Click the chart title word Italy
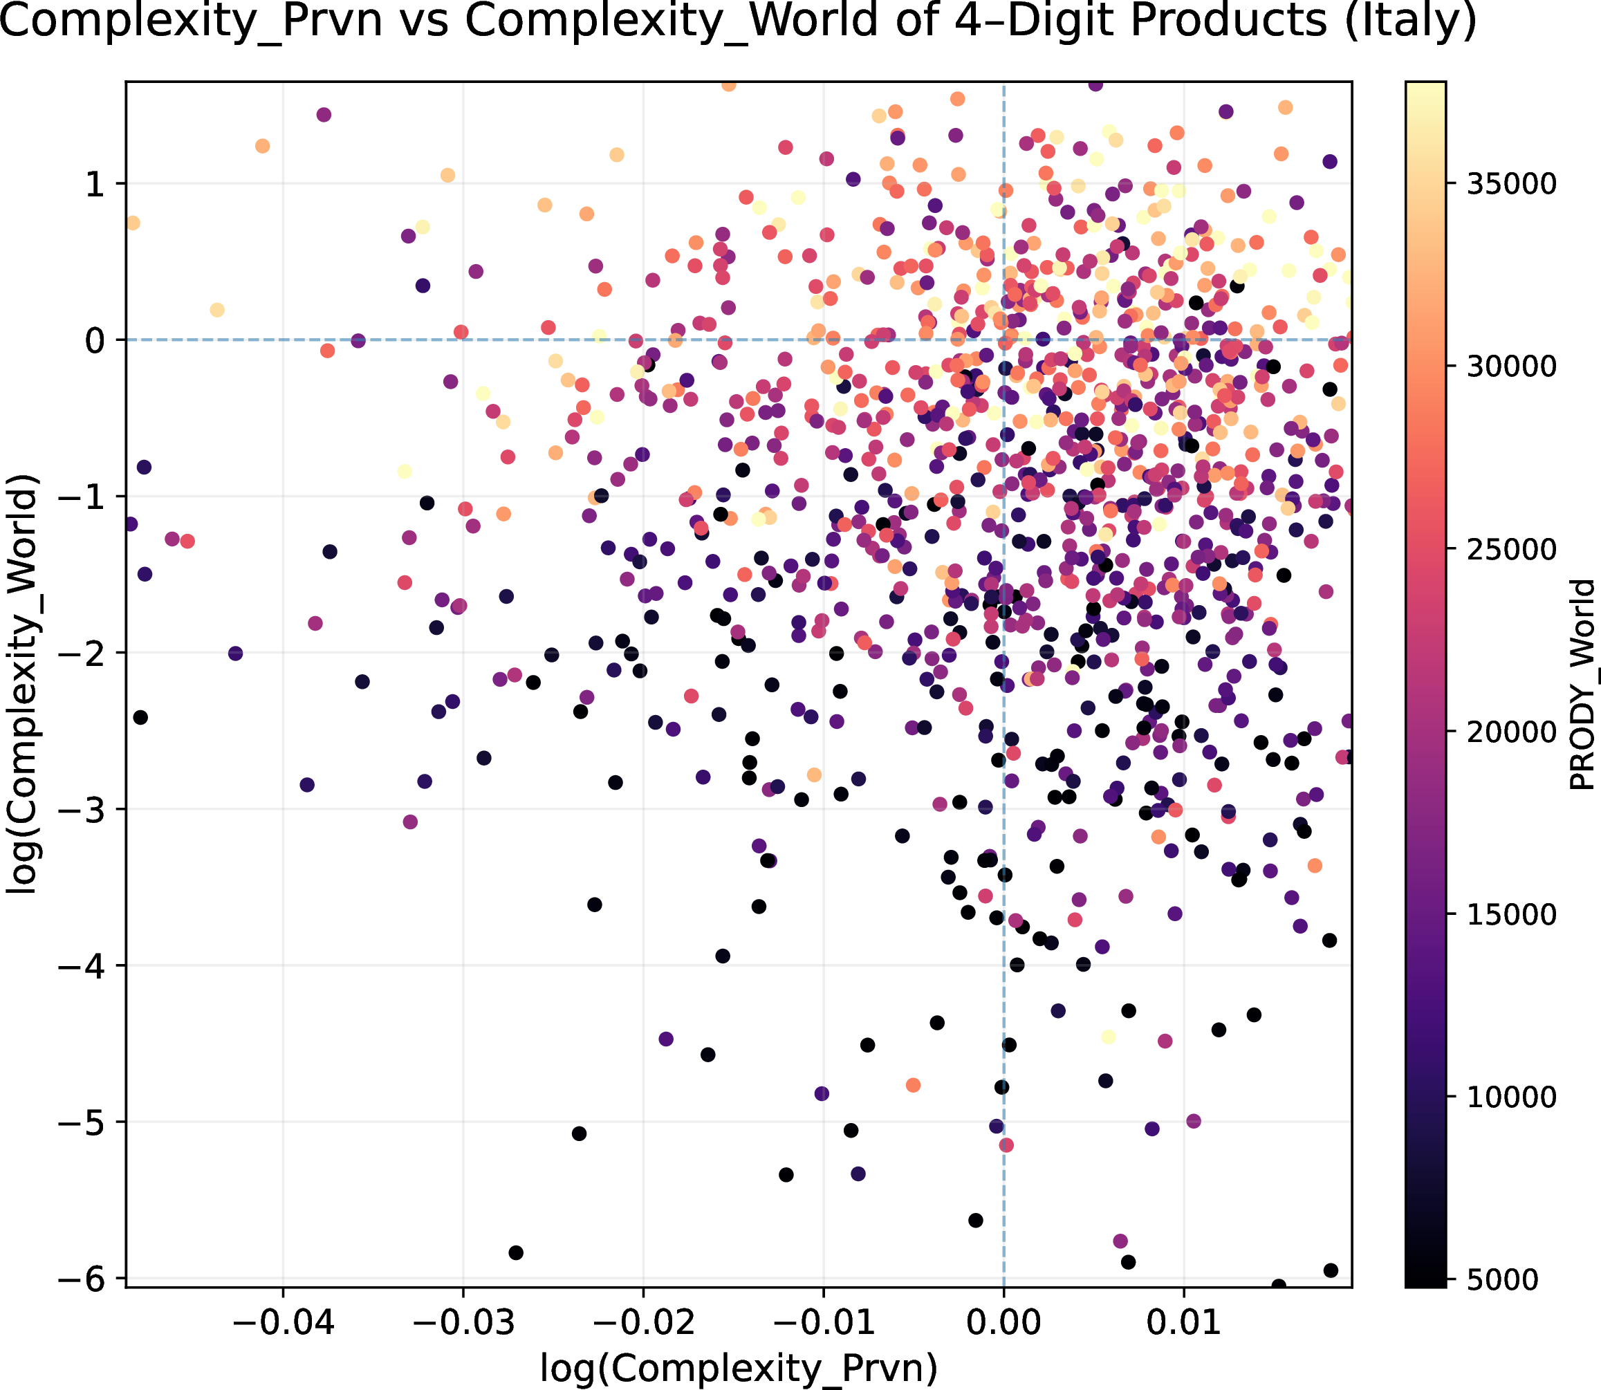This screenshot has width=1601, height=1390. pyautogui.click(x=1408, y=21)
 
